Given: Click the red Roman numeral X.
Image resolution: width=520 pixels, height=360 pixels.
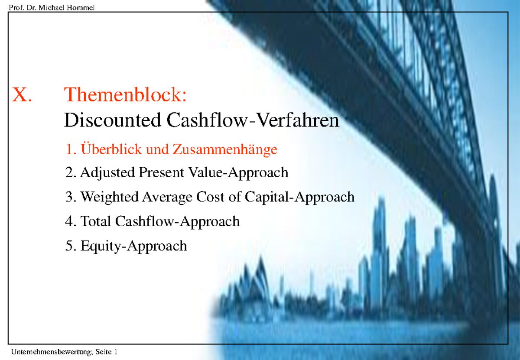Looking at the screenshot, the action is coord(22,94).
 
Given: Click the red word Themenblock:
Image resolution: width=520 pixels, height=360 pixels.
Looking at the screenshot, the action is coord(125,94).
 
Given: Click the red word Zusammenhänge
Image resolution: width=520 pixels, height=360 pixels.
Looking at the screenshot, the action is coord(225,150).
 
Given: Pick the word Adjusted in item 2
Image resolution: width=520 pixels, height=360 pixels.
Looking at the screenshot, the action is coord(107,173).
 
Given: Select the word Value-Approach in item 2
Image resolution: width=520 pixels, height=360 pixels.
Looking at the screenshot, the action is coord(238,173).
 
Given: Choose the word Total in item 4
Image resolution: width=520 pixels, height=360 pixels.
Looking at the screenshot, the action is coord(96,221).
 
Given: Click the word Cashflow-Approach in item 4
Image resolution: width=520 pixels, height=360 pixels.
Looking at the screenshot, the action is coord(177,222).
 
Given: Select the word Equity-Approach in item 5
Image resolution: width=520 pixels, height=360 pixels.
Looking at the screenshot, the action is coord(133,246).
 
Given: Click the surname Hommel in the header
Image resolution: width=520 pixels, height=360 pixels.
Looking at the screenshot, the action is coord(81,7).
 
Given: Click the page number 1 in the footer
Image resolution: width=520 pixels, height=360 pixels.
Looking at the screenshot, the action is coord(116,352).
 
